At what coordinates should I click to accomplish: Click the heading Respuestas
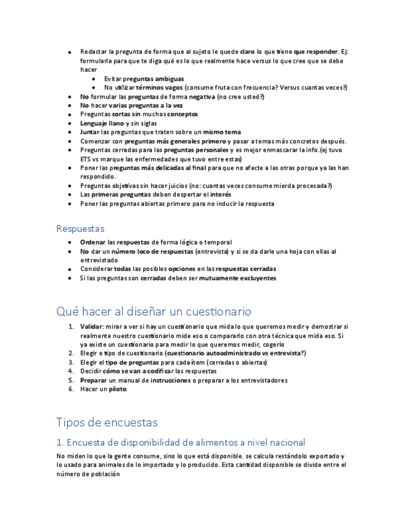coord(80,229)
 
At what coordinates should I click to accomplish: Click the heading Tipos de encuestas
coord(107,422)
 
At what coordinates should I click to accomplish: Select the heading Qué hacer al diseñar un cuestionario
coord(153,311)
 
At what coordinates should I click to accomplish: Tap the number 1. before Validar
coord(71,326)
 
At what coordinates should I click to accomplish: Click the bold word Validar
coord(92,326)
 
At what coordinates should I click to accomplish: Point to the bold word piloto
coord(118,389)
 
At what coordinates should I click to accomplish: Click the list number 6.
coord(71,389)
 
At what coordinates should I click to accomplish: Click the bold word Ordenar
coord(93,242)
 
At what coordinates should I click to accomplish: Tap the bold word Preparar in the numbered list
coord(94,380)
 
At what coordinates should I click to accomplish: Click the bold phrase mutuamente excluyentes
coord(237,279)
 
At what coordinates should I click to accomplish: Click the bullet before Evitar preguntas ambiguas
coord(93,79)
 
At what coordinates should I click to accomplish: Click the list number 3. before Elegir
coord(71,362)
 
